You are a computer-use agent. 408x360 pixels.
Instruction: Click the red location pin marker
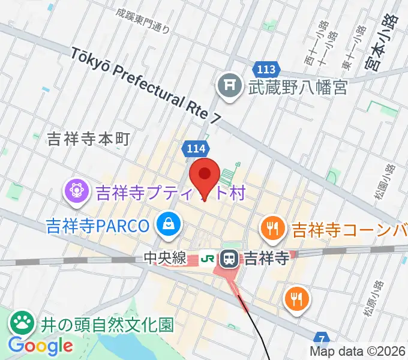click(x=204, y=176)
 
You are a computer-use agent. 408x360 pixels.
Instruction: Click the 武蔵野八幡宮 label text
click(x=298, y=88)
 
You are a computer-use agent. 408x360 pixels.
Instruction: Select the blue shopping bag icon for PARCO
click(x=167, y=225)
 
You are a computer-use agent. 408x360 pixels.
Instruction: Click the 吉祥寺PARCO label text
click(x=97, y=226)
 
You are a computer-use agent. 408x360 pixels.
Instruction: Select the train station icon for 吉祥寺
click(x=229, y=259)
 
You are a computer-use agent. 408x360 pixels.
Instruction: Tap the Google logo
click(x=40, y=346)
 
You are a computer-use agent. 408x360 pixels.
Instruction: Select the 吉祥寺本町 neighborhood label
click(x=88, y=140)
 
